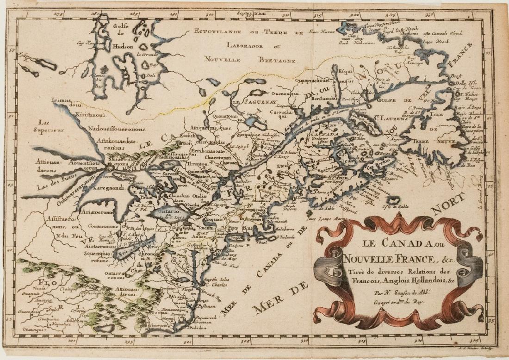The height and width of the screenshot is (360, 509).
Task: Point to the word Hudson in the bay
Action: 122,47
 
